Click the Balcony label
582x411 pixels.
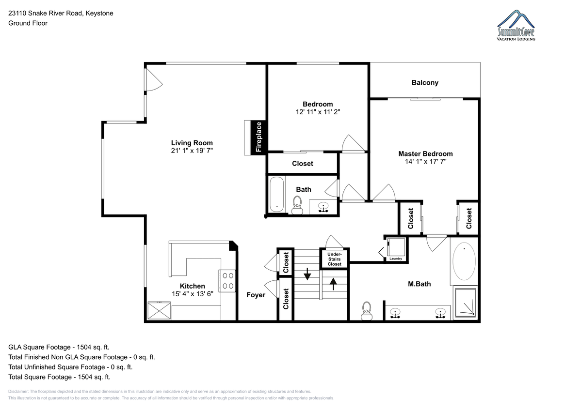pyautogui.click(x=425, y=83)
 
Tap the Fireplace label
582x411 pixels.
pyautogui.click(x=259, y=137)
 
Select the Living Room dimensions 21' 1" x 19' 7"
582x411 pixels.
pyautogui.click(x=192, y=151)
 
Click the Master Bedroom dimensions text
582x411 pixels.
pyautogui.click(x=426, y=162)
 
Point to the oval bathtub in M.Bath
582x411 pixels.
pyautogui.click(x=464, y=261)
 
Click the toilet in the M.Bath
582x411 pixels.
pyautogui.click(x=366, y=311)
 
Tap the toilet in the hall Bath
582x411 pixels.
pyautogui.click(x=297, y=205)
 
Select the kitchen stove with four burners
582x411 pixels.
pyautogui.click(x=227, y=281)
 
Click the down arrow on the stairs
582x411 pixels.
pyautogui.click(x=307, y=274)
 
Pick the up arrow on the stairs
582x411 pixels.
pyautogui.click(x=333, y=284)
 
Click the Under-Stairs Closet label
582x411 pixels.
pyautogui.click(x=334, y=259)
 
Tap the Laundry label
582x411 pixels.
pyautogui.click(x=396, y=259)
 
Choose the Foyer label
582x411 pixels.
pyautogui.click(x=256, y=295)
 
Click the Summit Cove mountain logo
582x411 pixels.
pyautogui.click(x=516, y=25)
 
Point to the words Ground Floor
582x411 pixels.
pyautogui.click(x=28, y=23)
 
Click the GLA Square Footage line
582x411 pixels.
pyautogui.click(x=59, y=347)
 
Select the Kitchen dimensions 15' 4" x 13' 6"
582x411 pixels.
pyautogui.click(x=192, y=294)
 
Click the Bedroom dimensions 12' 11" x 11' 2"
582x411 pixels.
pyautogui.click(x=318, y=112)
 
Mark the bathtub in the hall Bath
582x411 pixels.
pyautogui.click(x=276, y=195)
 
